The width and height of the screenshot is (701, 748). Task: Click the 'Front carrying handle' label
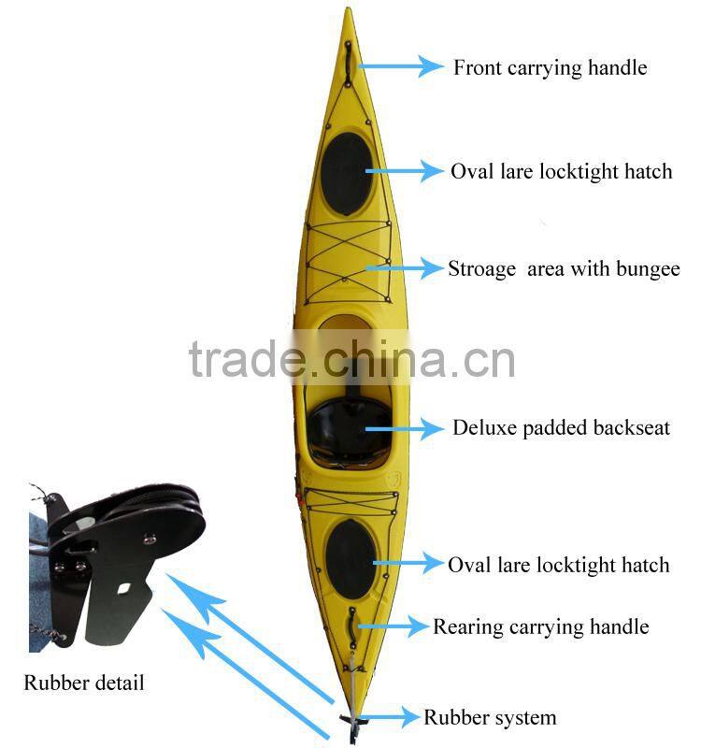[550, 67]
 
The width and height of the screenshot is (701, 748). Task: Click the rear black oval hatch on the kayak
[350, 558]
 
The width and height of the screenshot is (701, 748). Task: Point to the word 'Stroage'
[481, 269]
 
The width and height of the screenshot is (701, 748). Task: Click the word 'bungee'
[648, 269]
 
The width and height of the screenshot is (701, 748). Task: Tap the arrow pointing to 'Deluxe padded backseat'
[404, 429]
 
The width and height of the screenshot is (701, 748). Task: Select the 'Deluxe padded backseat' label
[561, 428]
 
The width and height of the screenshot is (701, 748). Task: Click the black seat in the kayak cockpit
[348, 430]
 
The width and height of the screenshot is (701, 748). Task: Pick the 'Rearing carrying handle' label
[540, 626]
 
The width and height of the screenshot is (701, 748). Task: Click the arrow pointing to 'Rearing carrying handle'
[391, 626]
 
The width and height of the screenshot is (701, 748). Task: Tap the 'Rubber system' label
[490, 718]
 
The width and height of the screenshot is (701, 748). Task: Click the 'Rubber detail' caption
[84, 683]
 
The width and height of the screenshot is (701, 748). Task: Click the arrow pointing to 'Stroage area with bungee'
[404, 268]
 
